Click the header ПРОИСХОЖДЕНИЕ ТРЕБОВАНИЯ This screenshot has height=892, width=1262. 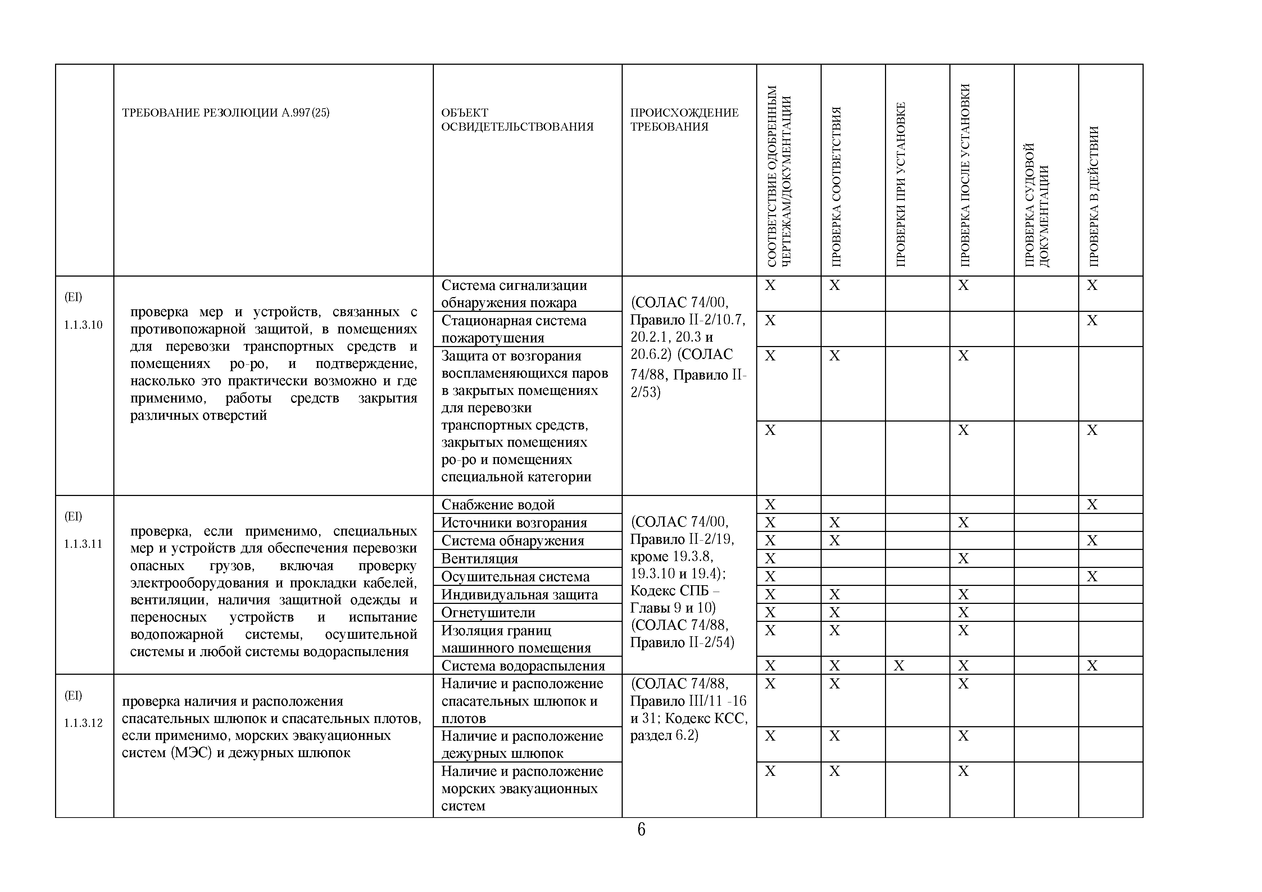click(684, 120)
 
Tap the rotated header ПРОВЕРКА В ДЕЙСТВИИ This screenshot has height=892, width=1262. click(1094, 197)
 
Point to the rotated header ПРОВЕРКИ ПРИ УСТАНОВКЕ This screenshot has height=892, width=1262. click(900, 185)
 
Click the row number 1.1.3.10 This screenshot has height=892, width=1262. click(83, 325)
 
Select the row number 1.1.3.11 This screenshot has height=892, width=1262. click(83, 544)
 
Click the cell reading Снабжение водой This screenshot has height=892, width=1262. click(498, 505)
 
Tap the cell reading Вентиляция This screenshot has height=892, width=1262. click(479, 558)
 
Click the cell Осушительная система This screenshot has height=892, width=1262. click(515, 577)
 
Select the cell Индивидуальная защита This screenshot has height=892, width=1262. click(519, 595)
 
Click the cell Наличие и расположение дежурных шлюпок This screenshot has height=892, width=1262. click(522, 745)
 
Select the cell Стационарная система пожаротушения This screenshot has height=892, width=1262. click(513, 329)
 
